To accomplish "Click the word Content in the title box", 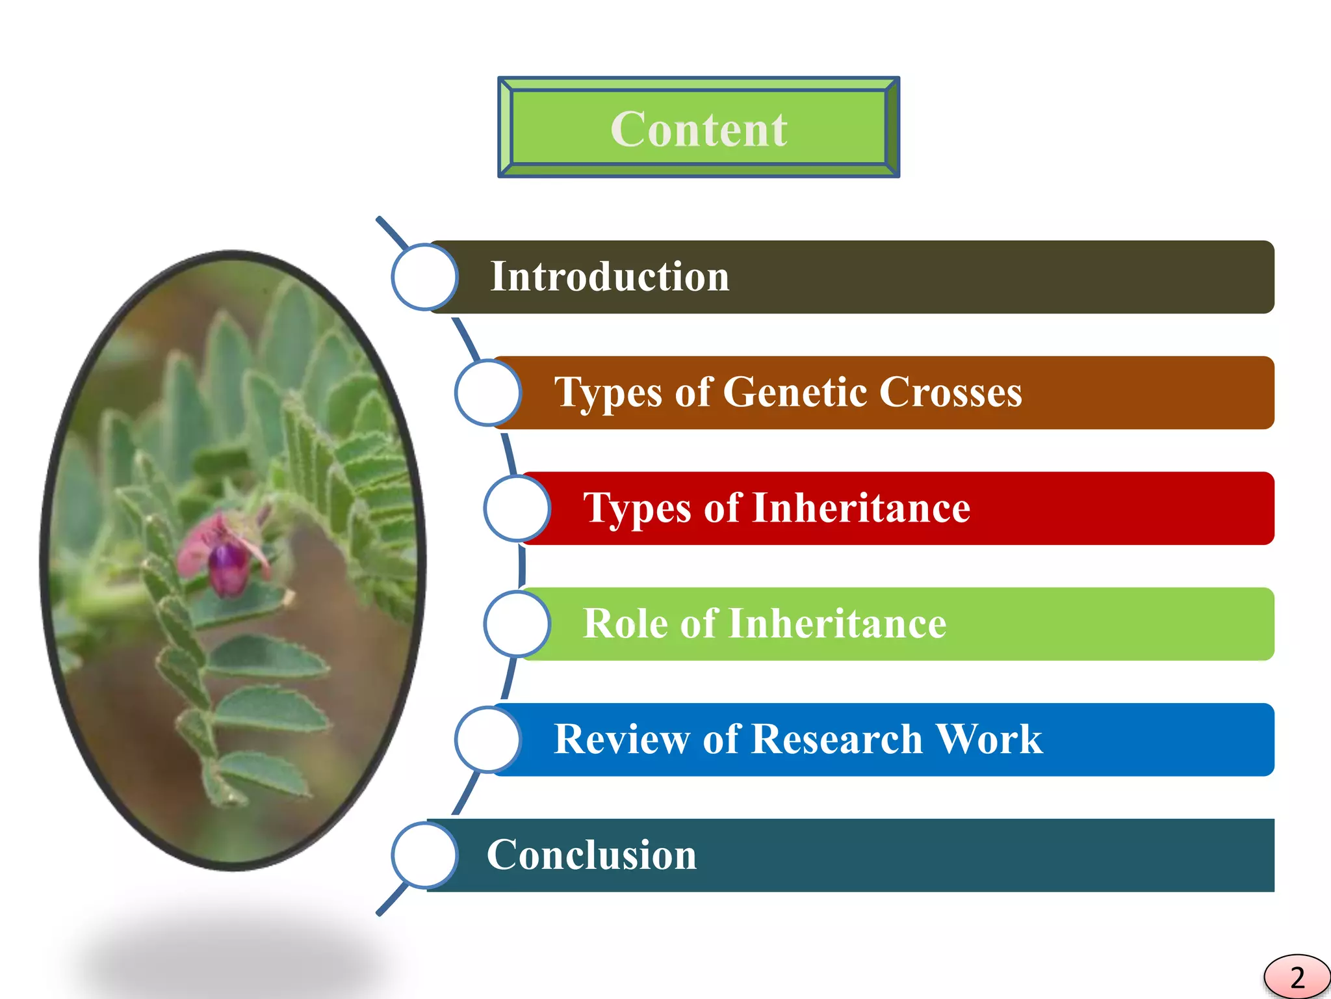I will click(699, 129).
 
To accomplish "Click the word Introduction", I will click(610, 277).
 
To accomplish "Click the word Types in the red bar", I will click(638, 509).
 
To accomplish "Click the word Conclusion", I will click(591, 855).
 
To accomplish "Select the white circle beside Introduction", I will click(424, 277).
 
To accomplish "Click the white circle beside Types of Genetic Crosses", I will click(487, 393).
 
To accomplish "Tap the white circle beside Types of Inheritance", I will click(517, 509).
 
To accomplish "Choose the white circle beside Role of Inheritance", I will click(517, 624).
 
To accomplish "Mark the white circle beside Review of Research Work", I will click(487, 740).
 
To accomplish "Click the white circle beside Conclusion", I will click(424, 855).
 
